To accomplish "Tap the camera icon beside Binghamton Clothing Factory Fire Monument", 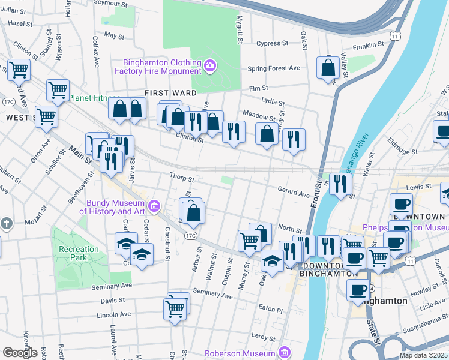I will (x=209, y=65).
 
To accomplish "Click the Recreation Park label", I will (x=79, y=253).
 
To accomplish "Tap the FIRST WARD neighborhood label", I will (x=171, y=93).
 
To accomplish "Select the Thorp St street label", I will (x=182, y=178).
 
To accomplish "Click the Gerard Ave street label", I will (x=293, y=190).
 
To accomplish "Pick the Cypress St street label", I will (x=273, y=43).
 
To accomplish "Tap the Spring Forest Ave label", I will (x=273, y=68).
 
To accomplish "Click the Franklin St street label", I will (x=368, y=45).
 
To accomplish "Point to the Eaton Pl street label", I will (x=270, y=310).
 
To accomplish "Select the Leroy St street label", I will (x=263, y=336).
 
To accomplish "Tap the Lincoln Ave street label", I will (x=113, y=314).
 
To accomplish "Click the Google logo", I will (x=20, y=353).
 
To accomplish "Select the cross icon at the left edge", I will (x=6, y=224).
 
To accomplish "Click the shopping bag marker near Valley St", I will (x=328, y=69).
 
